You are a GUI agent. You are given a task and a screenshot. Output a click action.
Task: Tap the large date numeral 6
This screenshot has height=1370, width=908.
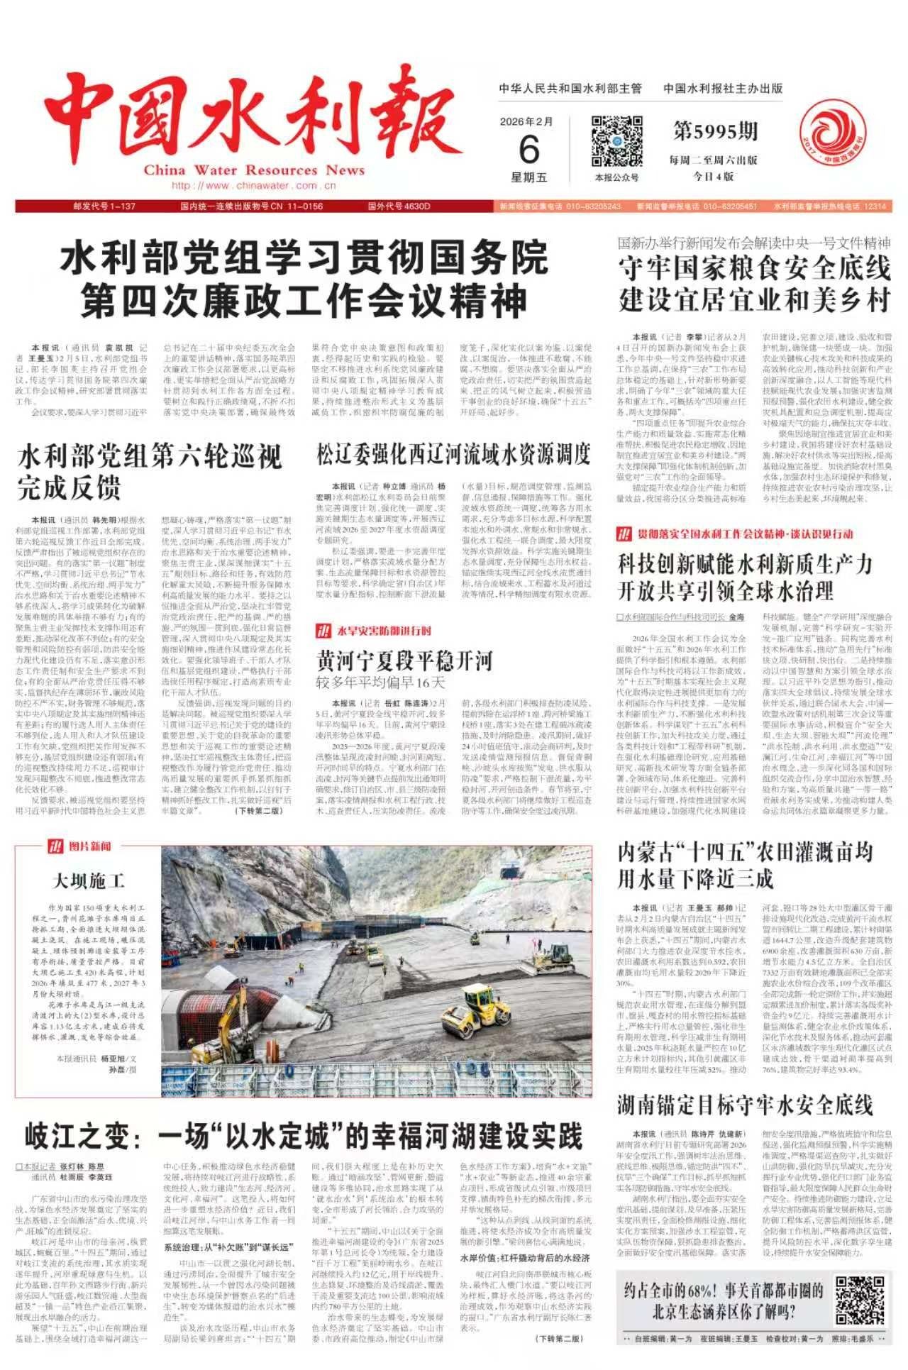coord(529,150)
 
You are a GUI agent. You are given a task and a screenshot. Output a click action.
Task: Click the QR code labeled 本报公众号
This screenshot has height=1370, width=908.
coord(616,141)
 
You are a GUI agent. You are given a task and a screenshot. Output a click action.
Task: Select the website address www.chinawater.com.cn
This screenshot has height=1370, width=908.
coord(253,186)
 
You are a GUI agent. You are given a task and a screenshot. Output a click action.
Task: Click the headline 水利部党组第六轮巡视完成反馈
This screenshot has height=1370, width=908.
coord(149,473)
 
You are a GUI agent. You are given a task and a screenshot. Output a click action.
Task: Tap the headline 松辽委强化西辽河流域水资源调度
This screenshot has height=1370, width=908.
coord(454,453)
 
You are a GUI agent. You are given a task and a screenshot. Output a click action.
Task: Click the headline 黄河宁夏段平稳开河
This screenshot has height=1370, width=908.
coord(404,661)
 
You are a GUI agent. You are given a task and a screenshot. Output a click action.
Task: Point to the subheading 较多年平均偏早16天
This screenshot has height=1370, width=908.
coord(380,683)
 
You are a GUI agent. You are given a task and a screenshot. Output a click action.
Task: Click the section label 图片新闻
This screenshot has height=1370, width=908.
coord(89,846)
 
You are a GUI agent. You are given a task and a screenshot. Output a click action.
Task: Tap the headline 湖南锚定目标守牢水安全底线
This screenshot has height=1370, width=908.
coord(745,1105)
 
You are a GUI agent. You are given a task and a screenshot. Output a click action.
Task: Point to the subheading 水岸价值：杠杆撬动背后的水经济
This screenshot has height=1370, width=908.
coord(525,1258)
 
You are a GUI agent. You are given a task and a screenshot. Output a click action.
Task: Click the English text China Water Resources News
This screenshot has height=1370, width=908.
coord(253,170)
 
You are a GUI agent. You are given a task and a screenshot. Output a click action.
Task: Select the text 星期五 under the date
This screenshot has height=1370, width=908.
coord(529,177)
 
